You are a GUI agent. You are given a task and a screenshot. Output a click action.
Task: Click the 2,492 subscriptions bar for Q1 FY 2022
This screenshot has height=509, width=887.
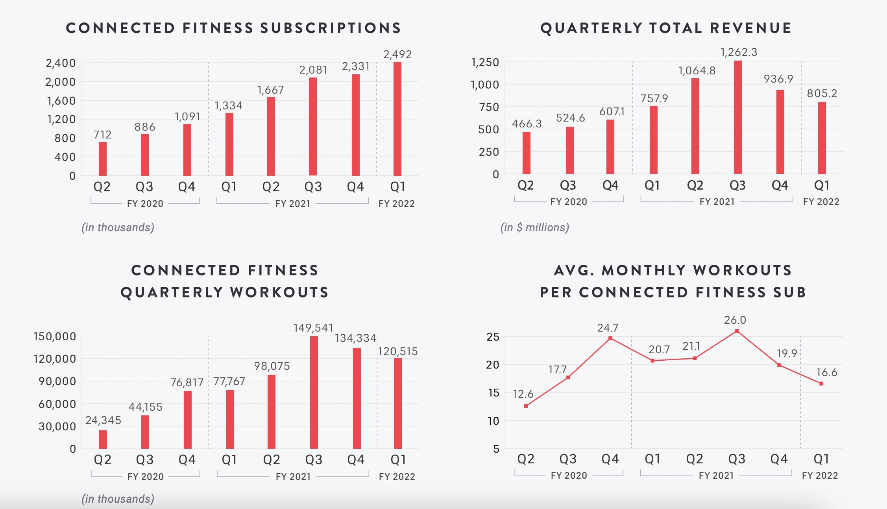pos(397,119)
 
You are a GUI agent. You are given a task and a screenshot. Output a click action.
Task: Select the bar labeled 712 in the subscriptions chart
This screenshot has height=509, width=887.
pos(103,159)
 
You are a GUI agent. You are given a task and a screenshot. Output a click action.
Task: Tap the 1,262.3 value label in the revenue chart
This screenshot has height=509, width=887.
pos(739,52)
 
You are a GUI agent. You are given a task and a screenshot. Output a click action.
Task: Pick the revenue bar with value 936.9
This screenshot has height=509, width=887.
pos(780,132)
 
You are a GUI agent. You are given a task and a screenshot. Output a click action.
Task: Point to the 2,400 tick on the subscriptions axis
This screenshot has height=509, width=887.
pos(61,63)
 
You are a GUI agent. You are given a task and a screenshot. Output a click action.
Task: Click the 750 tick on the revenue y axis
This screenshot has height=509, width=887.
pos(489,107)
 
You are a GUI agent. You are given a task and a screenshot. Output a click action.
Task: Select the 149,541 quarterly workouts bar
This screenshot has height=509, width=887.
pos(314,393)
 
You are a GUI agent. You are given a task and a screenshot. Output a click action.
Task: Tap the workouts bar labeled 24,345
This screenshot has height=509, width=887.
pos(103,439)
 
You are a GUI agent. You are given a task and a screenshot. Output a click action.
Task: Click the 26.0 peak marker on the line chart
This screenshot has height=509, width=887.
pos(737,331)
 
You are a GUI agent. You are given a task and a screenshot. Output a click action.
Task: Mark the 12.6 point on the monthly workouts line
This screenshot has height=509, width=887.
pos(526,406)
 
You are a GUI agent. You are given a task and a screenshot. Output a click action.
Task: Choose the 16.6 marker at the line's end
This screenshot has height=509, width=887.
pos(821,384)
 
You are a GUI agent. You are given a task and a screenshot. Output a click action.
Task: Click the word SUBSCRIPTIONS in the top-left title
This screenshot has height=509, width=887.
pos(331,28)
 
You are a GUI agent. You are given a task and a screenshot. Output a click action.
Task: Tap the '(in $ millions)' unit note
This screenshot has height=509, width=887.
pos(534,227)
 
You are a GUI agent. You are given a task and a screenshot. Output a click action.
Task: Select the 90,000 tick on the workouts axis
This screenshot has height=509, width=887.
pos(57,381)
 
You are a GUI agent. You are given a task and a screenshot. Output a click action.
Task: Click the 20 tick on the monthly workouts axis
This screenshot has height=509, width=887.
pos(493,365)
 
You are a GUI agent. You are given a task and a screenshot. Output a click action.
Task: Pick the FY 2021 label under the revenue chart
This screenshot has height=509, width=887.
pos(717,202)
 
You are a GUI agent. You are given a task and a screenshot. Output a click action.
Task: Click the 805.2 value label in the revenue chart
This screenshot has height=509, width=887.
pos(822,94)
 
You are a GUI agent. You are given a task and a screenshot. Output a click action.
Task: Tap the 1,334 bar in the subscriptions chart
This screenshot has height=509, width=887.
pos(229,144)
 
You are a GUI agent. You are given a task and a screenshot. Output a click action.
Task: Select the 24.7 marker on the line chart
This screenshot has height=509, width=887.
pos(610,338)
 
